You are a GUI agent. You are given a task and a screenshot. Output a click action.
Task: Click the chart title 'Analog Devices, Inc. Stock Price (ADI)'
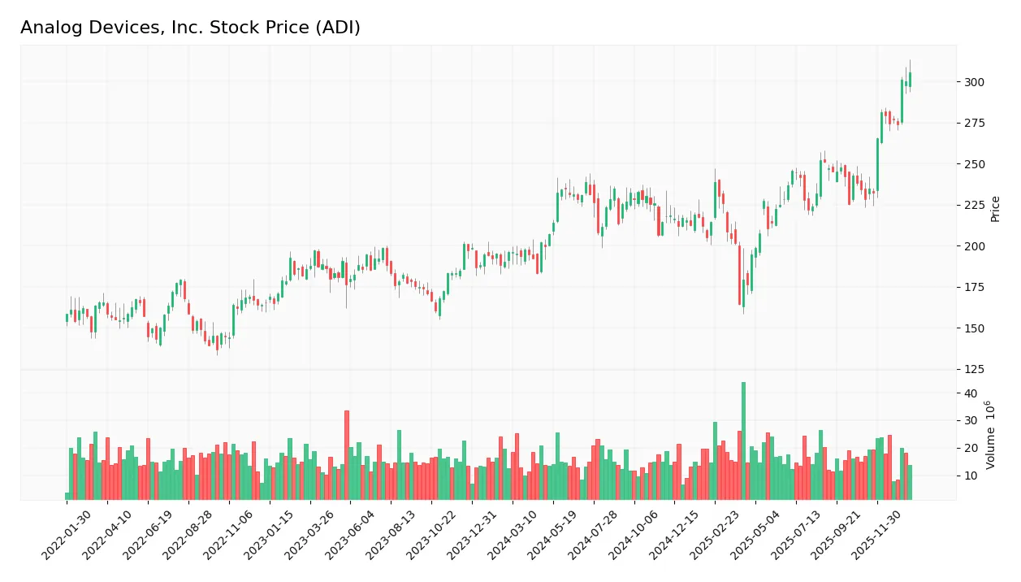(190, 28)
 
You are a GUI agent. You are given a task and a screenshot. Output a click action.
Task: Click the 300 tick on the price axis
(974, 82)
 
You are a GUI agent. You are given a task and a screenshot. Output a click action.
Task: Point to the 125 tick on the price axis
(974, 369)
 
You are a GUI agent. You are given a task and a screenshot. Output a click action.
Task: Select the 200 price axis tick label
(974, 246)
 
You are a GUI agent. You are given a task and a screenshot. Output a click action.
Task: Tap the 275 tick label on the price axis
(974, 123)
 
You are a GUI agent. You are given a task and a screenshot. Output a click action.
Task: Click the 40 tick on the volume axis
(971, 393)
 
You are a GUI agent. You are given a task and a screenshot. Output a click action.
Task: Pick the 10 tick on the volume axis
(971, 476)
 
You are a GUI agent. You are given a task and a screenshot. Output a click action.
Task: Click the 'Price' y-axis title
(996, 209)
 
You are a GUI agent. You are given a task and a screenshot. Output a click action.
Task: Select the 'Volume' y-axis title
(991, 435)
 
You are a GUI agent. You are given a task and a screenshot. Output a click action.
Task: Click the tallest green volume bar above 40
(743, 441)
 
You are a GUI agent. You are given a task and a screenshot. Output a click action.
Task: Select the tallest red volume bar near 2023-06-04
(347, 455)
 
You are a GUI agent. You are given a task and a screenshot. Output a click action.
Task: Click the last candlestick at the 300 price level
(910, 79)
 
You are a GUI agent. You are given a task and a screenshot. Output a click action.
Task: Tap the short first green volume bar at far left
(67, 496)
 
